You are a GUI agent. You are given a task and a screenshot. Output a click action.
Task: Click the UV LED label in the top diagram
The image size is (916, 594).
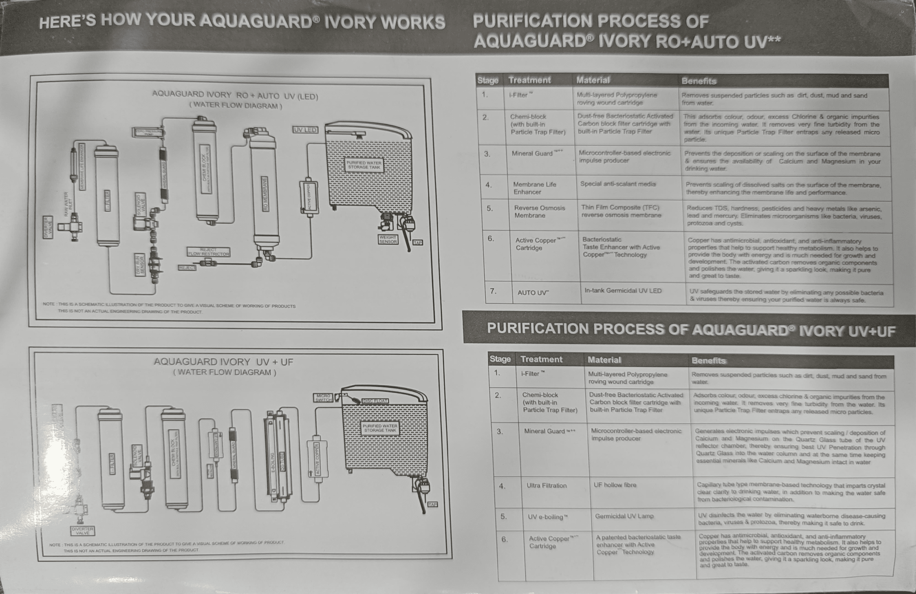[305, 130]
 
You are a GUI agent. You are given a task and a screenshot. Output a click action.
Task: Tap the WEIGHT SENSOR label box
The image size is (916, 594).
[388, 239]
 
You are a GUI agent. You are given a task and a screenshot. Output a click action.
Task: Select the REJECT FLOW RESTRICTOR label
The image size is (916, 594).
[209, 252]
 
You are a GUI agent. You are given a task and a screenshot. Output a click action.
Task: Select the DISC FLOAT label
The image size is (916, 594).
[375, 401]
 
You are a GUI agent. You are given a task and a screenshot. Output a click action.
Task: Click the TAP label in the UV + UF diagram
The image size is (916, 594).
[432, 504]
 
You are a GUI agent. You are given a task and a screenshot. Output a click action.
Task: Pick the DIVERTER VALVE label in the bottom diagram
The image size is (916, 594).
[82, 531]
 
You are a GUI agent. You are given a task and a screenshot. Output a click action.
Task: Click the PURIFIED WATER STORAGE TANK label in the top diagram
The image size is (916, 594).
[364, 165]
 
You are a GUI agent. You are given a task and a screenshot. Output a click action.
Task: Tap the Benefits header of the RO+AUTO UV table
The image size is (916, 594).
[698, 81]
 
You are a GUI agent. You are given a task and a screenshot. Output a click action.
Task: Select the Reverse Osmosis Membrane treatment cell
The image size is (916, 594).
[539, 212]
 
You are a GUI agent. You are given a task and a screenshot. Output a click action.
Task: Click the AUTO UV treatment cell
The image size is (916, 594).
[533, 293]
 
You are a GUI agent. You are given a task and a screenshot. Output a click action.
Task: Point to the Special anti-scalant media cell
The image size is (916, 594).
[617, 184]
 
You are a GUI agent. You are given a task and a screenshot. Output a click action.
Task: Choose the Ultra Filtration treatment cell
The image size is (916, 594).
[546, 486]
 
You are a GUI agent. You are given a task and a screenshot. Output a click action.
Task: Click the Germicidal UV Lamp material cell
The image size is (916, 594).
[624, 516]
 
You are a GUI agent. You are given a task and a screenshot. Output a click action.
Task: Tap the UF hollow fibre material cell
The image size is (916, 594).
[615, 485]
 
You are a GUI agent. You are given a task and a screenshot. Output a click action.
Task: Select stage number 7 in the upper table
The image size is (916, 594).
[493, 291]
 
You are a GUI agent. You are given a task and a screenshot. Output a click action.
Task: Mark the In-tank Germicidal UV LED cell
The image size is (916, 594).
[623, 291]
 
